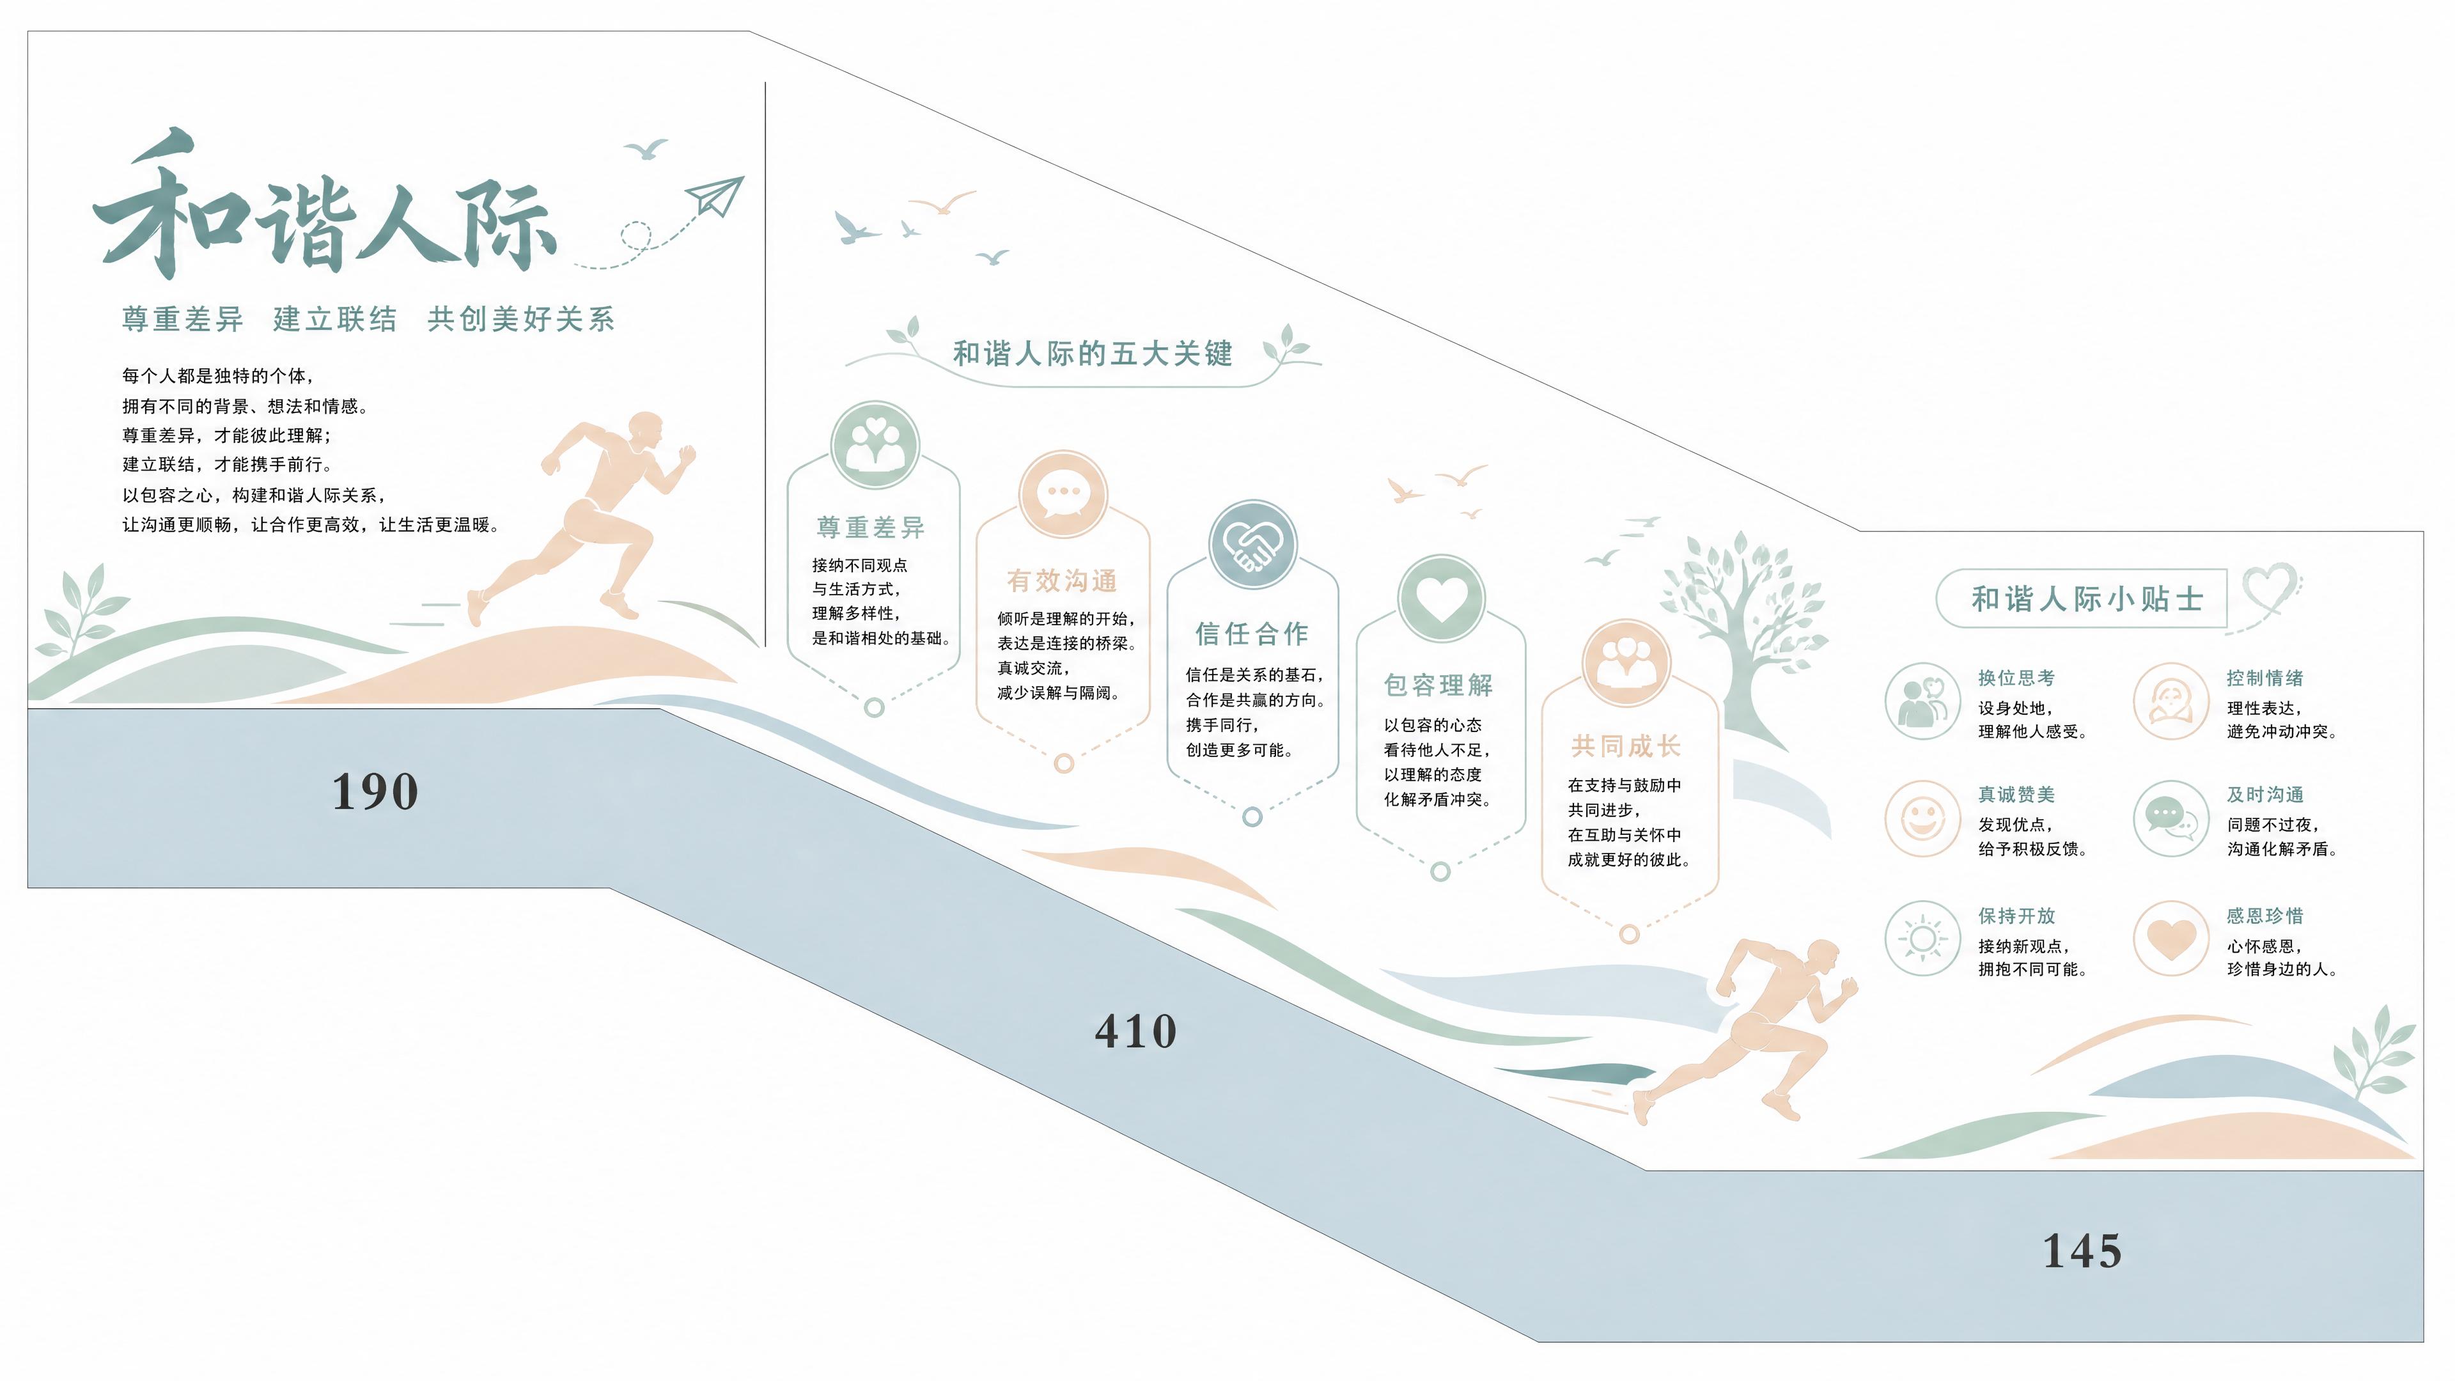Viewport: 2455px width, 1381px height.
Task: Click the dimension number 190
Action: click(x=375, y=791)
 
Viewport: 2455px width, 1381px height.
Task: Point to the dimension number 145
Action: click(x=2082, y=1251)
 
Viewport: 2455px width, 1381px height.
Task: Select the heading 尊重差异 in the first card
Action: click(x=871, y=527)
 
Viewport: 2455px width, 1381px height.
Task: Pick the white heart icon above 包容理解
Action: click(x=1441, y=598)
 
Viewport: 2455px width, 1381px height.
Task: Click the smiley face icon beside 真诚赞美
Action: click(x=1922, y=818)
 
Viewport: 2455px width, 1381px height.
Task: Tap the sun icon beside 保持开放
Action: click(x=1922, y=939)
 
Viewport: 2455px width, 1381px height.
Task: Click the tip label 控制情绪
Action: click(x=2264, y=678)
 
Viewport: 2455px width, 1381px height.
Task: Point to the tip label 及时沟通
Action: click(x=2264, y=794)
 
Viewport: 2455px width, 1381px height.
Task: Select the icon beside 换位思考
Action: click(x=1922, y=701)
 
